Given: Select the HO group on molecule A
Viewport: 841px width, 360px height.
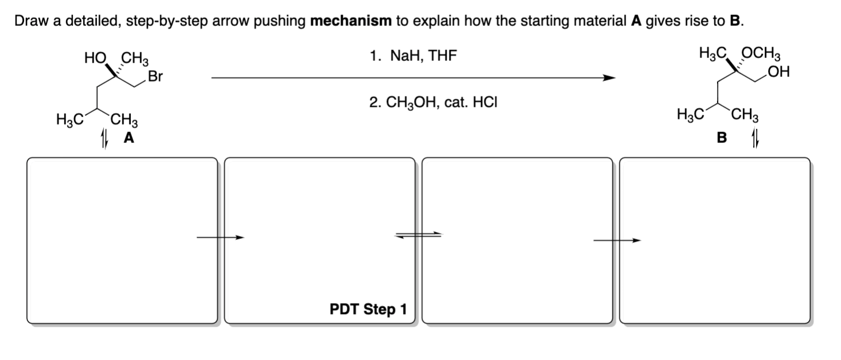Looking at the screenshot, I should [95, 58].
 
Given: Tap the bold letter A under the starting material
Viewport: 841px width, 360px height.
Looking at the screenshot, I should [129, 138].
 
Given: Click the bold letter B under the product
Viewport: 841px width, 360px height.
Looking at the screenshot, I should [722, 138].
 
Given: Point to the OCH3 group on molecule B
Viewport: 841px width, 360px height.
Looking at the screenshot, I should [761, 56].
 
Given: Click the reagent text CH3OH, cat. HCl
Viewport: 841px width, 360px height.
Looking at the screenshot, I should [433, 103].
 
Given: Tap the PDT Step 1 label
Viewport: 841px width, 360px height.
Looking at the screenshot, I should [368, 309].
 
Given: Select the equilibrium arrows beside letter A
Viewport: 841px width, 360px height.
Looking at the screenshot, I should [104, 138].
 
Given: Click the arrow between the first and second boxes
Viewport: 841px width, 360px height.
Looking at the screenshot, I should [220, 237].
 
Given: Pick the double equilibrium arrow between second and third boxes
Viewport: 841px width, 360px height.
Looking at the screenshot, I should [418, 234].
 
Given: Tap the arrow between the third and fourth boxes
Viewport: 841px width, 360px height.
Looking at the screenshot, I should [617, 241].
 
